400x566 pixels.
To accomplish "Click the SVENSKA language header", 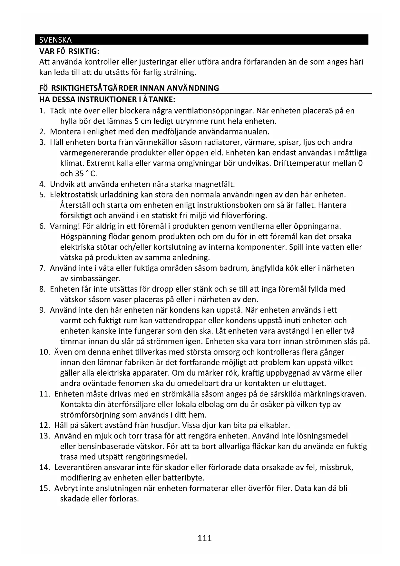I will coord(55,40).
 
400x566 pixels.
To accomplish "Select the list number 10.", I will coord(44,352).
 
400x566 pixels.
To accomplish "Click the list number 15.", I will coord(44,488).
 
